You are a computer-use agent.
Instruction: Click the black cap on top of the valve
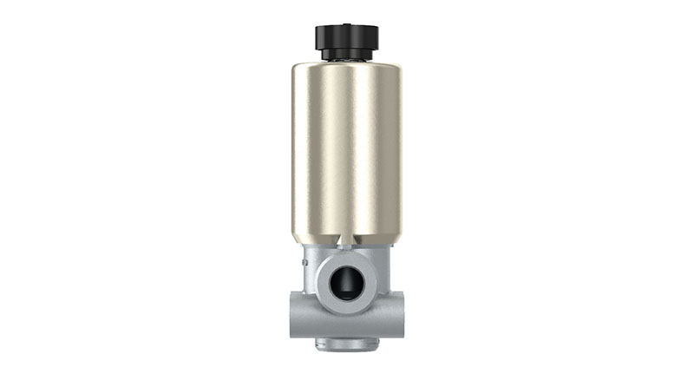pyautogui.click(x=346, y=36)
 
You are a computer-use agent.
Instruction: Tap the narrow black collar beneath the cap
pyautogui.click(x=346, y=55)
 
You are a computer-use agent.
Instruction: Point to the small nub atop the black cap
pyautogui.click(x=346, y=23)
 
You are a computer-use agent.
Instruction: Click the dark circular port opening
pyautogui.click(x=346, y=282)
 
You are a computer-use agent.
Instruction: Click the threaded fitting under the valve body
pyautogui.click(x=347, y=344)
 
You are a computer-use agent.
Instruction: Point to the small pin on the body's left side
pyautogui.click(x=304, y=258)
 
